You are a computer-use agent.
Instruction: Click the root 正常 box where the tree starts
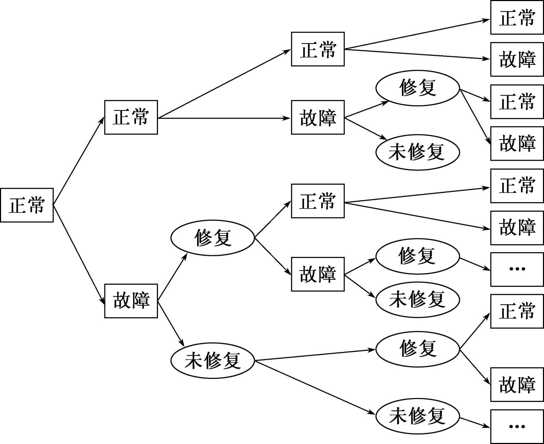pyautogui.click(x=27, y=205)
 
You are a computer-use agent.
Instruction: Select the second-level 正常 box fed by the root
pyautogui.click(x=131, y=117)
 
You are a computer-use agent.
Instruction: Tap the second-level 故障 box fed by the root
pyautogui.click(x=131, y=301)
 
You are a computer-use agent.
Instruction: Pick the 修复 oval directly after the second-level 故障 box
pyautogui.click(x=212, y=238)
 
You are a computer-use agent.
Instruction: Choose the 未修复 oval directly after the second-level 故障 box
pyautogui.click(x=212, y=360)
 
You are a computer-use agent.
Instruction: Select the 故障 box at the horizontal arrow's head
pyautogui.click(x=318, y=117)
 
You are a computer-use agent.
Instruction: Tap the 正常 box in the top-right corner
pyautogui.click(x=517, y=17)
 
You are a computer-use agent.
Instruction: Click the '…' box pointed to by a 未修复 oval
pyautogui.click(x=517, y=426)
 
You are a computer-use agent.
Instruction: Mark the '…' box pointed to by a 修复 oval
pyautogui.click(x=517, y=269)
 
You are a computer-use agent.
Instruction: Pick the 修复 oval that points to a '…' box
pyautogui.click(x=417, y=256)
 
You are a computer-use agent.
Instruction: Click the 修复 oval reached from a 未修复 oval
pyautogui.click(x=417, y=349)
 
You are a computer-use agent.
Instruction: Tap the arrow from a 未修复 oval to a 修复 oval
pyautogui.click(x=315, y=355)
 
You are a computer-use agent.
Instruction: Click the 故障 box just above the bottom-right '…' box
pyautogui.click(x=517, y=385)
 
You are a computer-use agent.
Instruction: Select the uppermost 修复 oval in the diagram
pyautogui.click(x=417, y=87)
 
